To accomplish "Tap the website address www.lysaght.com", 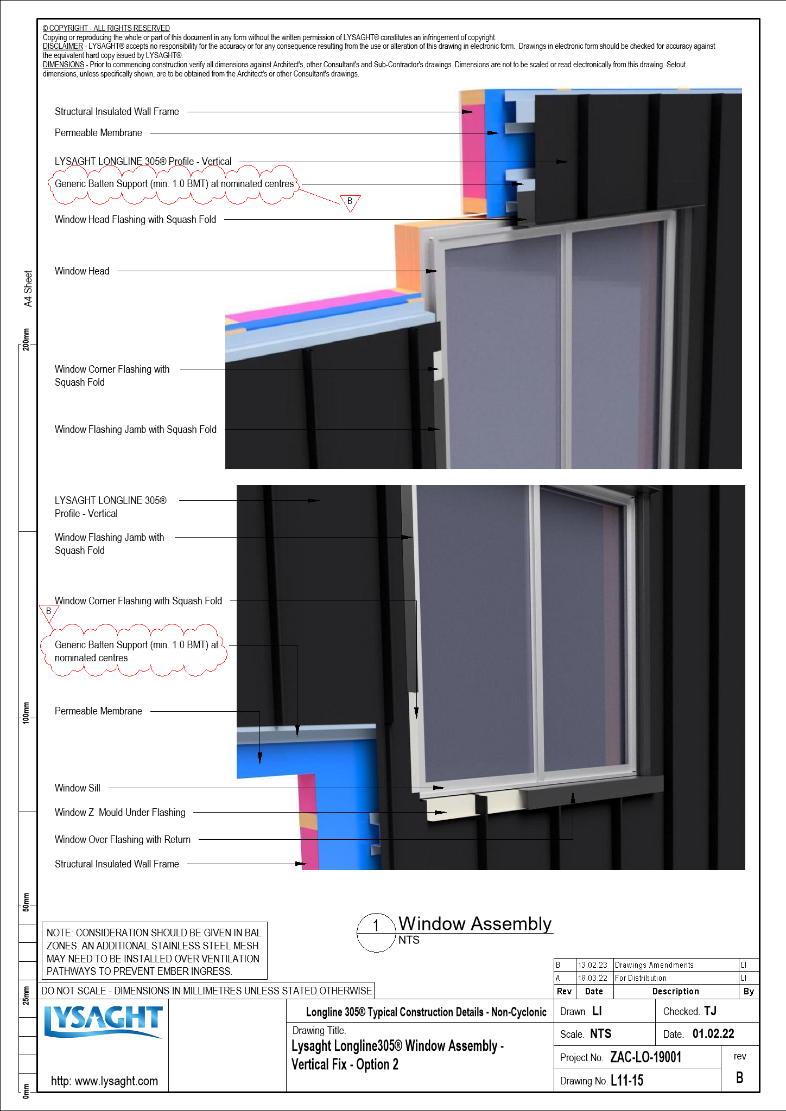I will (x=104, y=1081).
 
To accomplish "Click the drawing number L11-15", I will (x=627, y=1081).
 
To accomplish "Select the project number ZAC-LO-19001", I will (x=645, y=1057).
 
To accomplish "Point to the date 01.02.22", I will (x=713, y=1034).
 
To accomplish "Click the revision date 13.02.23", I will (x=592, y=965).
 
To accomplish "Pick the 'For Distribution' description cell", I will (x=641, y=978).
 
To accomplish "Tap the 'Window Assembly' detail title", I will (x=474, y=923).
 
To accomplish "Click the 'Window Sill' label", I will (x=78, y=788).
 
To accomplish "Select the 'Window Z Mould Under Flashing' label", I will (x=120, y=812).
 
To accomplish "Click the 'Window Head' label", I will (x=82, y=271).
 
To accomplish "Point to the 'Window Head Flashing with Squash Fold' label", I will (x=135, y=219).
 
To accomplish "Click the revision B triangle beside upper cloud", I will (x=350, y=202).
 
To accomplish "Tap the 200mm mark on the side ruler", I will (x=26, y=340).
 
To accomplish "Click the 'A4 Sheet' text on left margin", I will (x=28, y=289).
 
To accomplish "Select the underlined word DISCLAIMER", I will (x=63, y=47).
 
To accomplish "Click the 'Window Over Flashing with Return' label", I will (x=123, y=839).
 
